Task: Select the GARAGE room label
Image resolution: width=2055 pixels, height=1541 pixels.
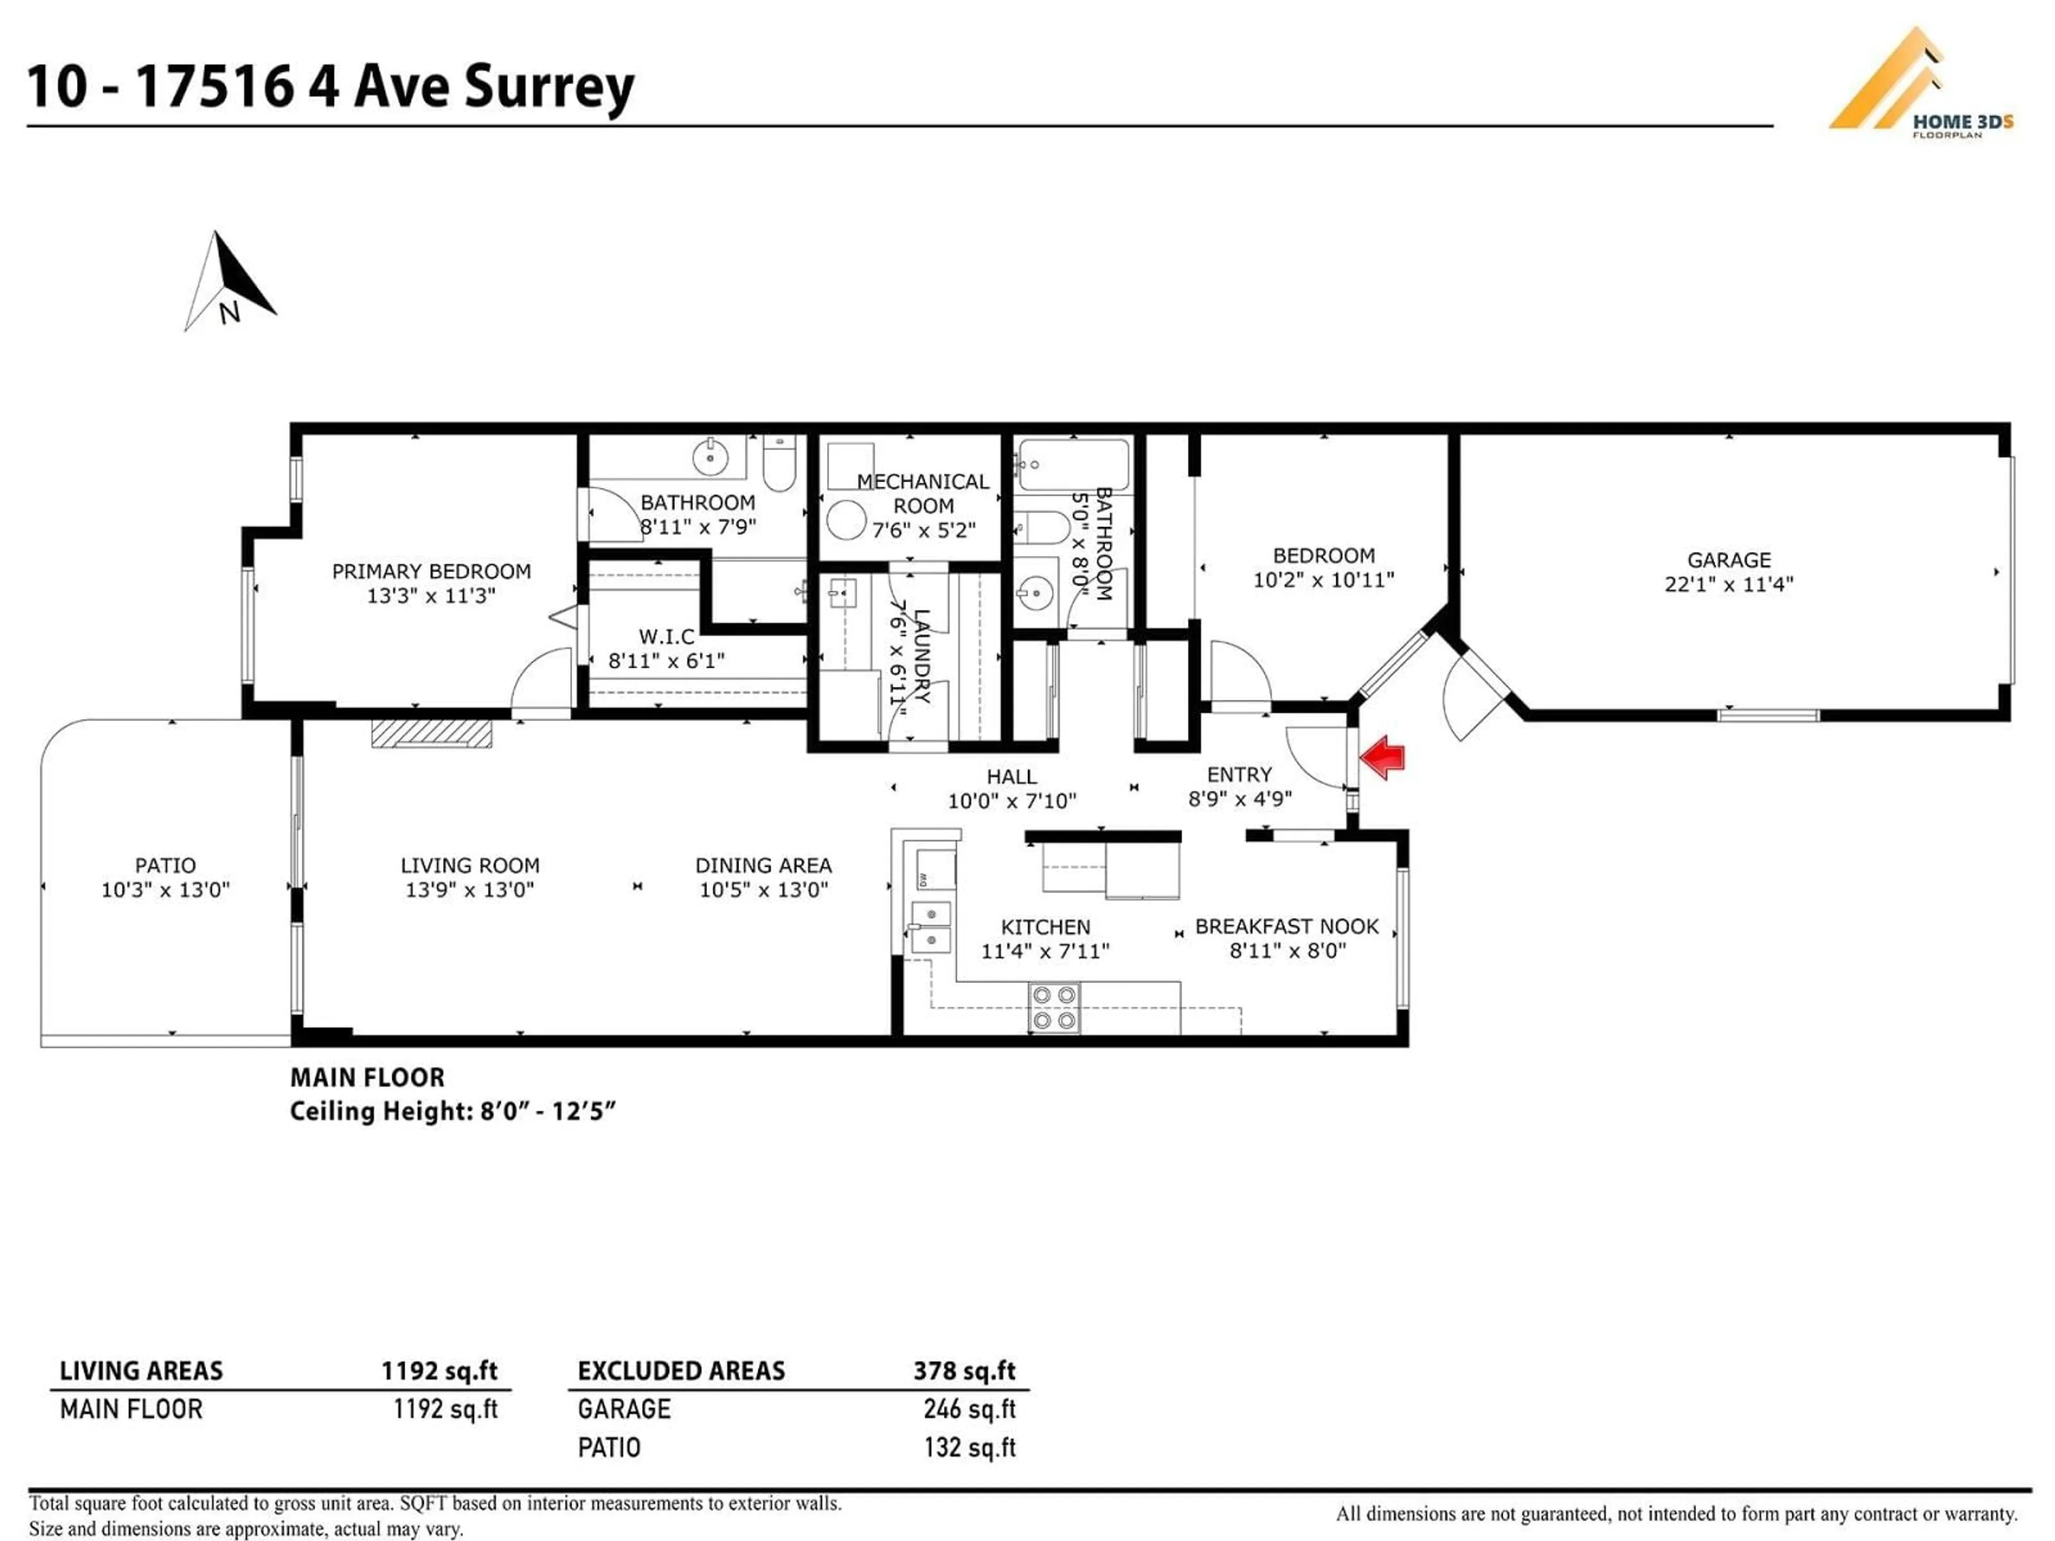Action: click(1729, 560)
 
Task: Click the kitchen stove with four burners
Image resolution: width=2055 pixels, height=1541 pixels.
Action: click(1054, 1008)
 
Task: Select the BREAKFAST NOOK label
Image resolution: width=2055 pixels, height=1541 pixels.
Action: click(1287, 926)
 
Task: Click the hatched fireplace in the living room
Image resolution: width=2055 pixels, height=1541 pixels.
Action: click(431, 733)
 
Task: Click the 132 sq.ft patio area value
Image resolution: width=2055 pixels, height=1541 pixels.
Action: click(969, 1447)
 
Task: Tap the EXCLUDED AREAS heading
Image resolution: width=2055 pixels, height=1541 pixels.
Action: click(681, 1371)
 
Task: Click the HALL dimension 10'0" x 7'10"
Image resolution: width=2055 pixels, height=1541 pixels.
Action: click(1011, 800)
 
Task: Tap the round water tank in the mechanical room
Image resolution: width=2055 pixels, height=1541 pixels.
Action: click(846, 520)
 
